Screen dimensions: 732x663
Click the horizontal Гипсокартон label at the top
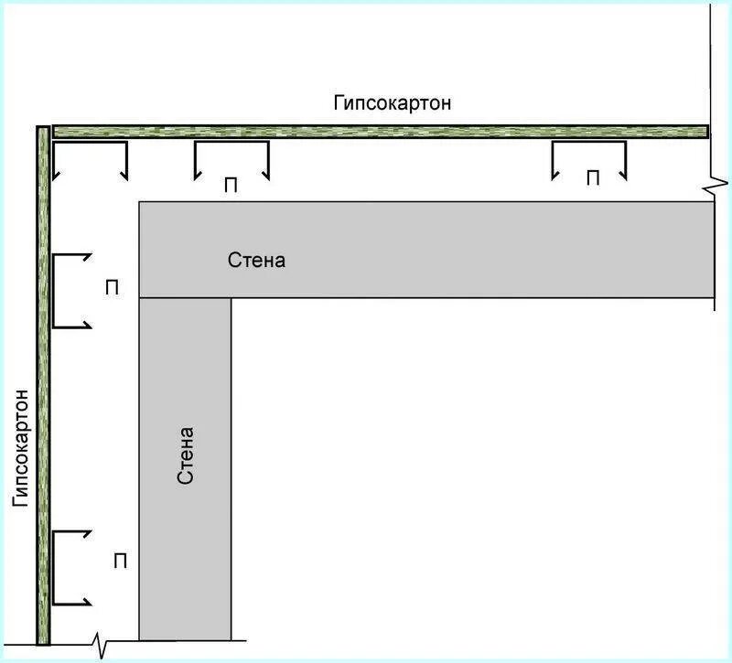pos(393,103)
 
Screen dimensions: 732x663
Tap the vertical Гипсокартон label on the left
pos(21,448)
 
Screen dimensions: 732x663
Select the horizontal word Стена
pos(256,260)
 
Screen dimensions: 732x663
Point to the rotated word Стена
pos(186,454)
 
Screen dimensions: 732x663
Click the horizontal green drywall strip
pos(381,132)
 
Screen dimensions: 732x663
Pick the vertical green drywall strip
pos(43,385)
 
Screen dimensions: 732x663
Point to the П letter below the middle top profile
pos(231,186)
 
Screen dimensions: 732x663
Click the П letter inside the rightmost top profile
pos(593,178)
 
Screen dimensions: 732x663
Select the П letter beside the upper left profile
pos(112,288)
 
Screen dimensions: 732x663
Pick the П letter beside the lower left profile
pos(121,561)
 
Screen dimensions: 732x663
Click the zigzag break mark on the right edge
pos(716,184)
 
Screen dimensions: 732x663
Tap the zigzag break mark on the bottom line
pos(101,645)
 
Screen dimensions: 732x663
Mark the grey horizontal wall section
pos(426,250)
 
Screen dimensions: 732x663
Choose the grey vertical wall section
pos(185,469)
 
